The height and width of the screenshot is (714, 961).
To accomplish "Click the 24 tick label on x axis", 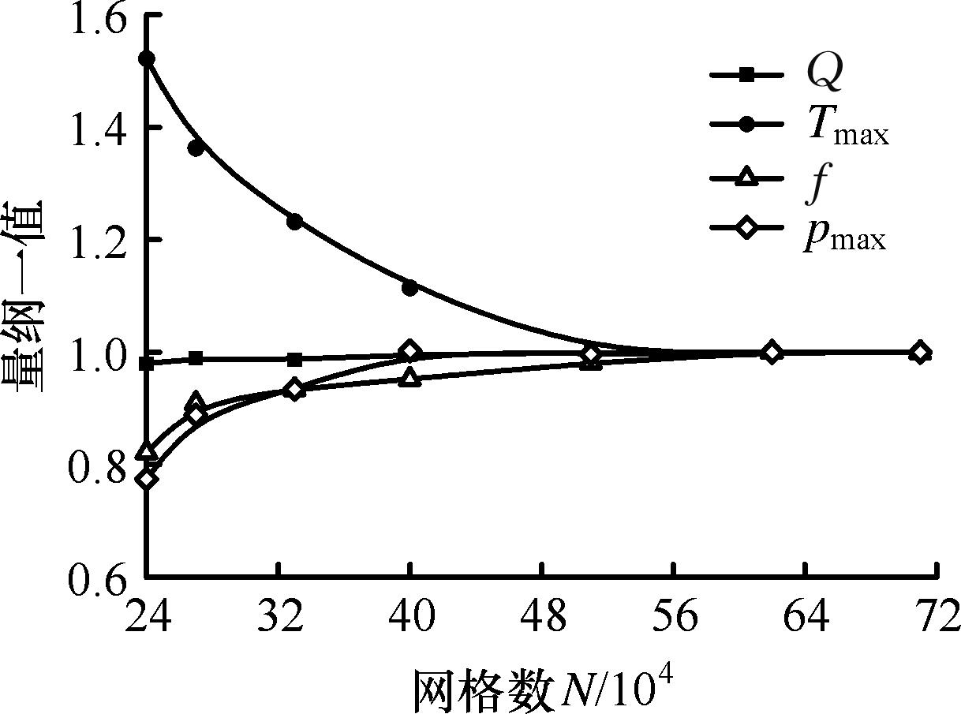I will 147,616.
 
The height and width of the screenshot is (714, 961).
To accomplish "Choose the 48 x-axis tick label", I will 543,616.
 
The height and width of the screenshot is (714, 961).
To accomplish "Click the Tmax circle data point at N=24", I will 147,59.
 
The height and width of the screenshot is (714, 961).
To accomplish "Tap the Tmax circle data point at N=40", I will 409,288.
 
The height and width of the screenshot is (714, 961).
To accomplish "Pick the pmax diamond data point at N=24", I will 147,479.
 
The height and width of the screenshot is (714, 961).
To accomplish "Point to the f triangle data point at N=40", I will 409,378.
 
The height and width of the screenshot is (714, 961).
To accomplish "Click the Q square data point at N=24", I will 147,363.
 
